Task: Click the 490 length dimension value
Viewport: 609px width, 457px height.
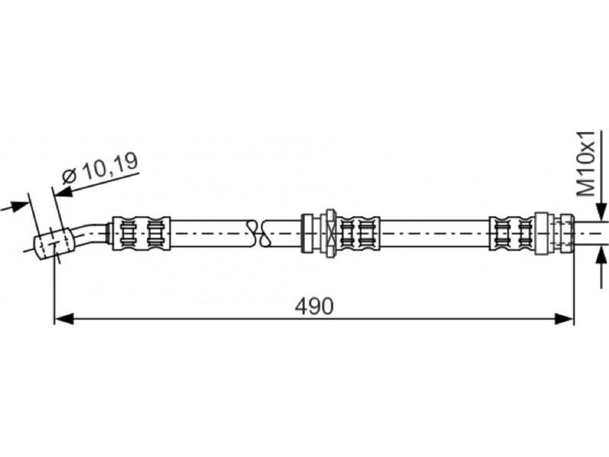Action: (x=314, y=306)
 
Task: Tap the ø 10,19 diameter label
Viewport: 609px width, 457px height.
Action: (x=100, y=168)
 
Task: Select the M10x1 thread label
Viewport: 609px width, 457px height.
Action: (x=585, y=164)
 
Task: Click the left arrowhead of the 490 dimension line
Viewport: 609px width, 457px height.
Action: (x=64, y=319)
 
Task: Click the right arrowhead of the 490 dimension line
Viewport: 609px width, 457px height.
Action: (x=564, y=319)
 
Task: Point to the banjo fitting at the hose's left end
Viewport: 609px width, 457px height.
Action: (x=53, y=244)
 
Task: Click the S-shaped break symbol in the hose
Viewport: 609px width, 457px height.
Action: (x=258, y=233)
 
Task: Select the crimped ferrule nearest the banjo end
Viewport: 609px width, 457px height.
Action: (x=141, y=233)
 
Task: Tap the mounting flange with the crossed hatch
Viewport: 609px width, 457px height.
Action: (x=330, y=233)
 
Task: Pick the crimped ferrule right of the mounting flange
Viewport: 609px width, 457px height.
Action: (x=358, y=233)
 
